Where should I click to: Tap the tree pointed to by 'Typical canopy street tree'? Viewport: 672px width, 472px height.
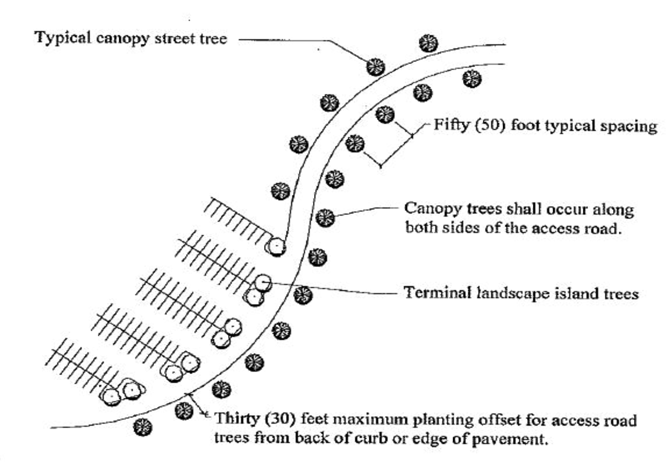pyautogui.click(x=375, y=67)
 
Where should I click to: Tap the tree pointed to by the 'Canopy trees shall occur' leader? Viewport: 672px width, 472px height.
pyautogui.click(x=325, y=218)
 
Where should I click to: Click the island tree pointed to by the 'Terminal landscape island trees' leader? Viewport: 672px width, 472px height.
pyautogui.click(x=264, y=283)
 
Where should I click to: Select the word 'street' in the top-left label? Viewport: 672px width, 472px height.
pyautogui.click(x=172, y=38)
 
